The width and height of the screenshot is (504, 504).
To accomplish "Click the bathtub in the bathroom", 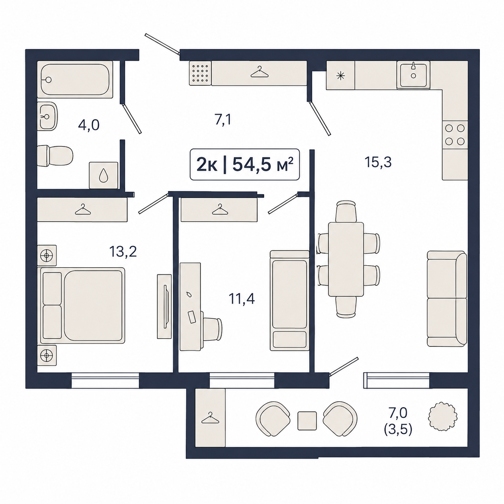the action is coord(75,80).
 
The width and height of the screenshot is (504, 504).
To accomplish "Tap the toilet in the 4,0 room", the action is coord(55,156).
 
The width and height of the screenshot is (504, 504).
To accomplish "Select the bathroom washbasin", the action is coord(47,116).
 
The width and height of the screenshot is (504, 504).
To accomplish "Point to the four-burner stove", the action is coord(455,135).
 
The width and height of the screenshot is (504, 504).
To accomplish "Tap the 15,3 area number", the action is coord(378,162).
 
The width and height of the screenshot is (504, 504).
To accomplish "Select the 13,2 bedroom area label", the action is coord(123,252).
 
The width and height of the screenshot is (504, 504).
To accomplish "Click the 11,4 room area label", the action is coord(242,299).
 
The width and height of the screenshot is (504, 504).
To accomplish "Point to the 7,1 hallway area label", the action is coord(223,120).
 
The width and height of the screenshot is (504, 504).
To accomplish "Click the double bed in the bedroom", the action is coord(81,305).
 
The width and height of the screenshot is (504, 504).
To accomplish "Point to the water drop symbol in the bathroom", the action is coord(103,175).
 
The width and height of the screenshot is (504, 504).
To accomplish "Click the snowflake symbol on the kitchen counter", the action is coord(340,76).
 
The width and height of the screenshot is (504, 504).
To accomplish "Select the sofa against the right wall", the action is coord(447,299).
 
